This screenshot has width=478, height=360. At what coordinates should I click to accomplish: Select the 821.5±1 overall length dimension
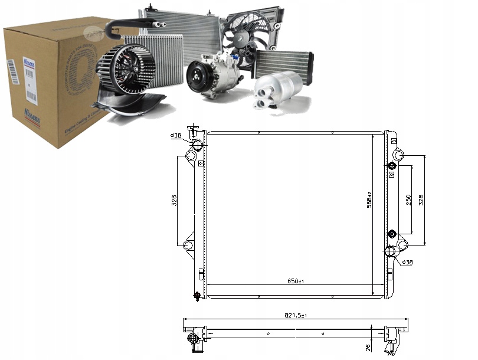pyautogui.click(x=296, y=315)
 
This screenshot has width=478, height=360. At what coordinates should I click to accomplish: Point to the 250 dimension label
pyautogui.click(x=408, y=200)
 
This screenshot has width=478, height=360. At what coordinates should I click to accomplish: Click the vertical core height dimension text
pyautogui.click(x=369, y=200)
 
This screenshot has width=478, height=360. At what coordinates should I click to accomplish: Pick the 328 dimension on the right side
pyautogui.click(x=421, y=200)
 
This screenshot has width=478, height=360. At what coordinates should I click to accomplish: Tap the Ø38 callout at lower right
pyautogui.click(x=407, y=262)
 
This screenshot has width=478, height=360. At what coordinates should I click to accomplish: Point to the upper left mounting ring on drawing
pyautogui.click(x=190, y=156)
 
